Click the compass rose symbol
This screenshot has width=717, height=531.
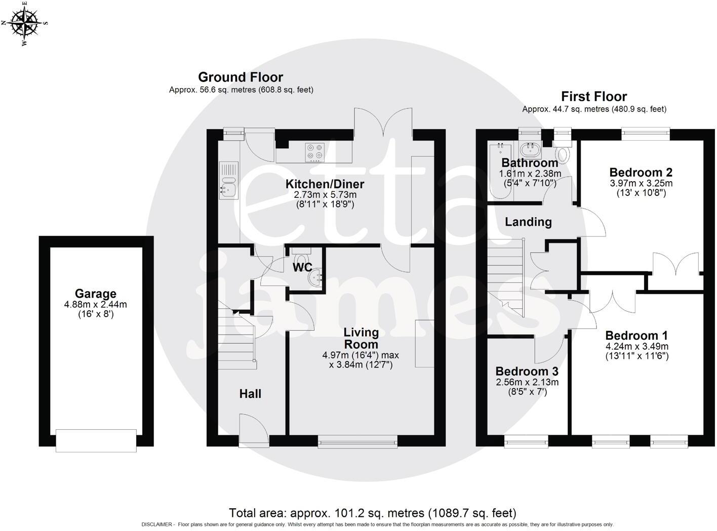coord(24,23)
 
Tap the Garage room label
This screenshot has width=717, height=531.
coord(95,294)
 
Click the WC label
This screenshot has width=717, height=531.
coord(302,267)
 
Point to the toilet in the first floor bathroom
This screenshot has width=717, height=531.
coord(563,153)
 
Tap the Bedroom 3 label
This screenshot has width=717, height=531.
coord(527,371)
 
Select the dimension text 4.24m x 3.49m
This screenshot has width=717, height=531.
coord(637,347)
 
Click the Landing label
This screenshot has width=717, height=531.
coord(528,222)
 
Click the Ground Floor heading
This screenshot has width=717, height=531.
coord(240,77)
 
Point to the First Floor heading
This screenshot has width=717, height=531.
coord(593,96)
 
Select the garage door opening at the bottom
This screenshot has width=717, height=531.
coord(96,440)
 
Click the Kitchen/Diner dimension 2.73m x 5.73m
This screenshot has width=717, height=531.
coord(325,195)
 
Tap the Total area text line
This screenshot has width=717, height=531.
coord(372,513)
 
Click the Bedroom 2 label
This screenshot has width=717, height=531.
coord(641,172)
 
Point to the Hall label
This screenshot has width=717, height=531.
coord(250,394)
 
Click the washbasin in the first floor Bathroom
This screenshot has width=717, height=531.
coord(530,149)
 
